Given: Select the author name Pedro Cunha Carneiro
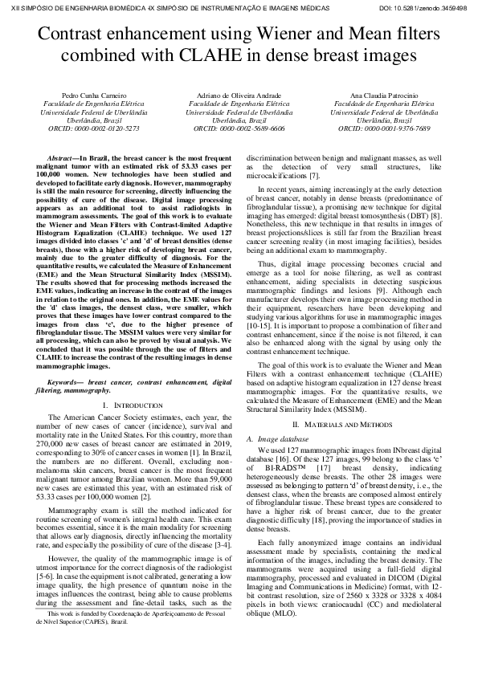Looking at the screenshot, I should pos(91,96).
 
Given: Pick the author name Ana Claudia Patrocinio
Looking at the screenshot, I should pos(384,96).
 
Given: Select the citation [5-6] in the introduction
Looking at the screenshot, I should pos(38,598).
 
